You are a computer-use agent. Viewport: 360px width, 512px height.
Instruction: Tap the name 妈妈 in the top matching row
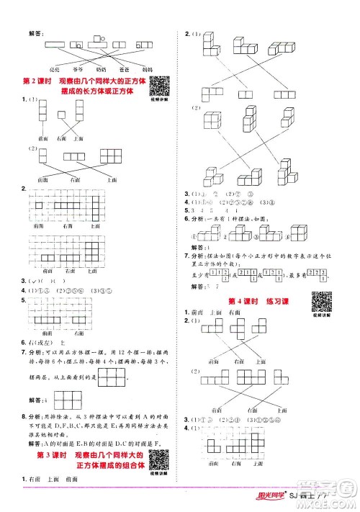145,69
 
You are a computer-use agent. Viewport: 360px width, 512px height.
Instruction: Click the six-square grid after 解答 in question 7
112,375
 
